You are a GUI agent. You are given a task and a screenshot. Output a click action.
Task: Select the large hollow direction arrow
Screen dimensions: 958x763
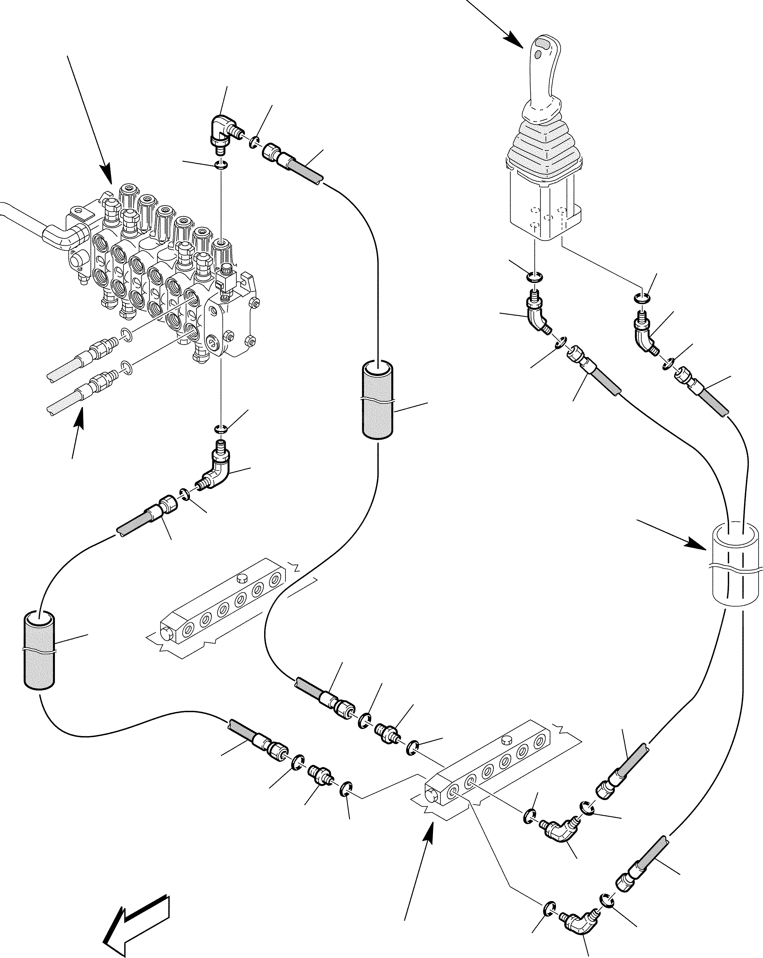point(135,918)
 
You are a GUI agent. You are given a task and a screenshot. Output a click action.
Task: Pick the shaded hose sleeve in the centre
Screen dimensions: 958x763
point(377,400)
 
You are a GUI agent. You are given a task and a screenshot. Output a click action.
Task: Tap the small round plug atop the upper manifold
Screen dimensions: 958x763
point(242,578)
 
